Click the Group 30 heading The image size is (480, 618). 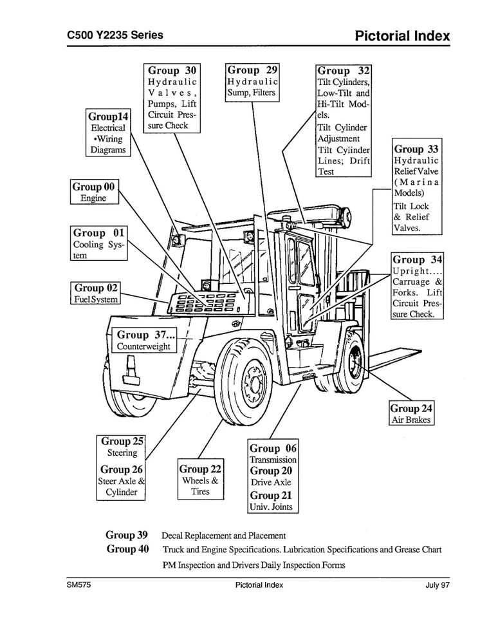[x=172, y=71]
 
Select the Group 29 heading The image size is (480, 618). [x=252, y=70]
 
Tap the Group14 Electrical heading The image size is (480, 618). [x=108, y=117]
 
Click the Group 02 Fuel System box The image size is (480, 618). [x=96, y=293]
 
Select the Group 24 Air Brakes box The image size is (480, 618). [x=411, y=414]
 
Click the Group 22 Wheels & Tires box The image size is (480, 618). [x=200, y=480]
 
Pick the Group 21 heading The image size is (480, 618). [x=270, y=496]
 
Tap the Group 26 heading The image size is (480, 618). [x=121, y=470]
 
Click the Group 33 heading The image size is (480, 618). [x=416, y=149]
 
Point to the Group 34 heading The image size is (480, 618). [x=418, y=260]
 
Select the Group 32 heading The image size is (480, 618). [x=344, y=71]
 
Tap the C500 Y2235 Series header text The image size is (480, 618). [x=115, y=35]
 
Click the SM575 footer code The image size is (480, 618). [x=78, y=585]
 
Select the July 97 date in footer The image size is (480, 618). [x=437, y=585]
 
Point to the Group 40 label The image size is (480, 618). [x=127, y=549]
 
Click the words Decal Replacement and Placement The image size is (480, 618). [x=223, y=536]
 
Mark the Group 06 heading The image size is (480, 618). [x=273, y=448]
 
